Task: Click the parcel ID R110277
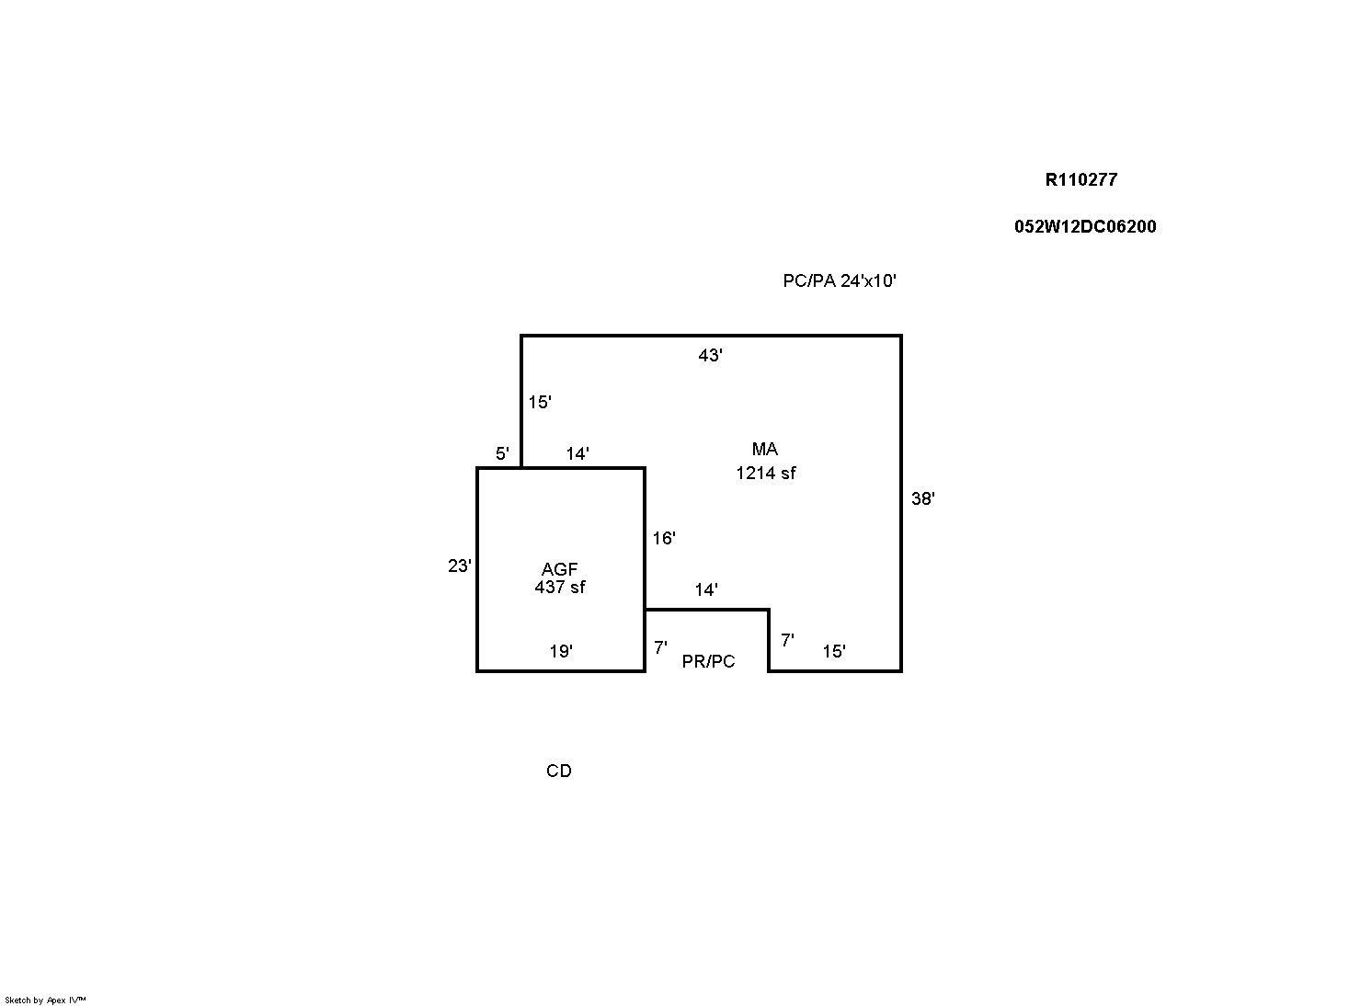coord(1080,180)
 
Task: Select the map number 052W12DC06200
coord(1085,227)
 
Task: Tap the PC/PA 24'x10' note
coord(839,281)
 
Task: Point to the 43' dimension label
coord(710,356)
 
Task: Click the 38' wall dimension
coord(922,499)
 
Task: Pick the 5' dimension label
coord(502,453)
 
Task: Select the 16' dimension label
coord(664,539)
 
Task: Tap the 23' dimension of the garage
coord(459,566)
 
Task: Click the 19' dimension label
coord(561,652)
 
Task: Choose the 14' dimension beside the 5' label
coord(577,453)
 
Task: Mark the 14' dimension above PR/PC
coord(705,590)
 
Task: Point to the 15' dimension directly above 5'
coord(539,403)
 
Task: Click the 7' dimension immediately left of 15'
coord(787,641)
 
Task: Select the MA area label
coord(764,450)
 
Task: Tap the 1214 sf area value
coord(765,474)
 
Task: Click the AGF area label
coord(559,570)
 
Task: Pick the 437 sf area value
coord(559,588)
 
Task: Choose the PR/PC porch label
coord(708,662)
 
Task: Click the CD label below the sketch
coord(558,772)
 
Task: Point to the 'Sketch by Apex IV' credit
coord(45,1000)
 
